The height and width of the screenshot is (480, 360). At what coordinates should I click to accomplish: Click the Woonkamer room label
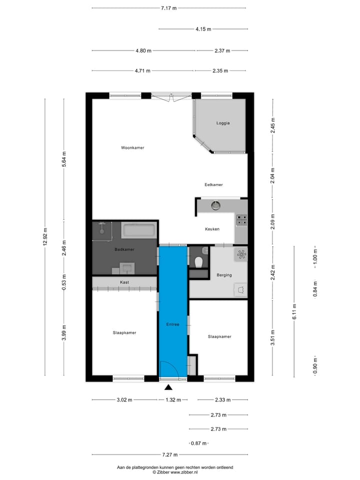coord(132,147)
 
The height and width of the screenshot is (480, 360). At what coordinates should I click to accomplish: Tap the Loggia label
coord(223,122)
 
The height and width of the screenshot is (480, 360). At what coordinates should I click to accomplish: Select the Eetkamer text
coord(213,184)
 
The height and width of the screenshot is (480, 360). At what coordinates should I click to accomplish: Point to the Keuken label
coord(212,229)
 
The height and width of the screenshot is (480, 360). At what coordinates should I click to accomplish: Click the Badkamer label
coord(124,249)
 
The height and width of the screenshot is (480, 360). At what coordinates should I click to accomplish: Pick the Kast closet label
coord(124,282)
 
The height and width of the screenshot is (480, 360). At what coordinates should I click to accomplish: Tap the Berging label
coord(224,275)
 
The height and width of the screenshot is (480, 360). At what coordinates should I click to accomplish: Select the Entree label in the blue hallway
coord(172,324)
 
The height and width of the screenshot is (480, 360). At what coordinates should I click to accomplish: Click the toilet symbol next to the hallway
coord(199,260)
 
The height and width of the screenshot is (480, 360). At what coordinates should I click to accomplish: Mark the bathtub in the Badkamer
coord(139,230)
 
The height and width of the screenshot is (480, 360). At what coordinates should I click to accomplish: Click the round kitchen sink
coord(216,205)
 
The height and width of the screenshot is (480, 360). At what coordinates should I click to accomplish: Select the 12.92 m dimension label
coord(45,236)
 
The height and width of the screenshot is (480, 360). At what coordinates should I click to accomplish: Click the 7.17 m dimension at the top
coord(168,8)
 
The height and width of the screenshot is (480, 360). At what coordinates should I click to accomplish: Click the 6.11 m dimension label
coord(294,311)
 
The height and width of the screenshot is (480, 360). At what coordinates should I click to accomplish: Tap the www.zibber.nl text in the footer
coord(184,472)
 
